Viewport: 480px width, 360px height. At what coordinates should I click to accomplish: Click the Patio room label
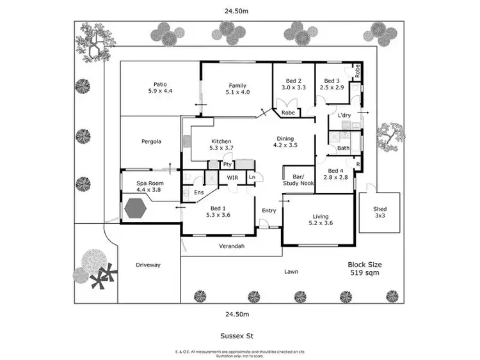[160, 84]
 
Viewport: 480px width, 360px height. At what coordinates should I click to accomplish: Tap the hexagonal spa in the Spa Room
[136, 208]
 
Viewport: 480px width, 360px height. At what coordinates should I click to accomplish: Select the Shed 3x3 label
[380, 212]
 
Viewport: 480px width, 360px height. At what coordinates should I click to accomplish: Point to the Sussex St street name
[240, 333]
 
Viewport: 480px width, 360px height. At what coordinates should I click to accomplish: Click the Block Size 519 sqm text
[364, 268]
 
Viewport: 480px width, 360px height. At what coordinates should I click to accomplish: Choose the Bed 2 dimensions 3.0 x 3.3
[294, 87]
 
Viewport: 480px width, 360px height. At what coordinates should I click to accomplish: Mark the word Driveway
[148, 265]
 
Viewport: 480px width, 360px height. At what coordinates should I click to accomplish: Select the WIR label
[233, 178]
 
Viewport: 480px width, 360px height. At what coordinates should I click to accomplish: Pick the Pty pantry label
[227, 164]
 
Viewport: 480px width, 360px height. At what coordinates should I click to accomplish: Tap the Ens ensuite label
[199, 192]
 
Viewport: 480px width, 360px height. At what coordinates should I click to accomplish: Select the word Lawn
[291, 272]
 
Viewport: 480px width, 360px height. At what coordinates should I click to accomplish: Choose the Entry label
[269, 210]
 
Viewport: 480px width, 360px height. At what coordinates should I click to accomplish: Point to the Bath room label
[344, 148]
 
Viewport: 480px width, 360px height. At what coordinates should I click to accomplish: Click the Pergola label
[151, 141]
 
